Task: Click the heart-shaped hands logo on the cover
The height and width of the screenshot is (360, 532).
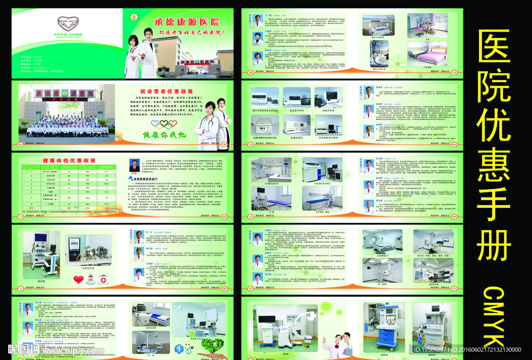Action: point(67,23)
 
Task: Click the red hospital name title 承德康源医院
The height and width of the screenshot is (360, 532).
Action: point(187,22)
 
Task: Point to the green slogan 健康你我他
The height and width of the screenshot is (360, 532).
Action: point(164,135)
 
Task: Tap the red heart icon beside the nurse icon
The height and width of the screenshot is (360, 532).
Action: point(78,279)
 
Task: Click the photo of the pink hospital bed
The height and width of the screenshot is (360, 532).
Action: point(428,54)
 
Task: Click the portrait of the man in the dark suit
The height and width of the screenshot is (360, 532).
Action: point(134,166)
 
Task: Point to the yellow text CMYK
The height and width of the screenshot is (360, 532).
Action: point(494,314)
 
